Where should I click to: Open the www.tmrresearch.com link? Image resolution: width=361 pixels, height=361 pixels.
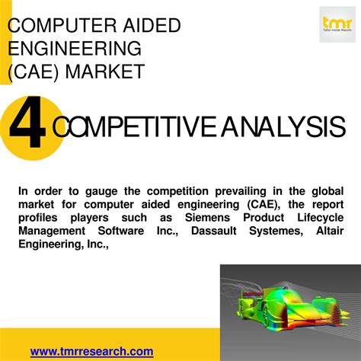point(91,351)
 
